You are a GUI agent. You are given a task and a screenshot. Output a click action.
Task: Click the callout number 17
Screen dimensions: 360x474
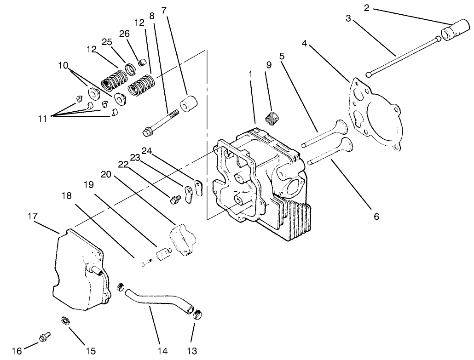click(32, 216)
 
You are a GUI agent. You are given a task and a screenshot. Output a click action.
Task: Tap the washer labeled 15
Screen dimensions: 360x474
click(65, 320)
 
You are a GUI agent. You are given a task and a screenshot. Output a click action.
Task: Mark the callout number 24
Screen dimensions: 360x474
click(146, 150)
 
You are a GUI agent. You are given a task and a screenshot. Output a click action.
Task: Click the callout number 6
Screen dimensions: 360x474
click(376, 216)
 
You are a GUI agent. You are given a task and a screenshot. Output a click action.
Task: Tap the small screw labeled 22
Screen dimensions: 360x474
click(174, 200)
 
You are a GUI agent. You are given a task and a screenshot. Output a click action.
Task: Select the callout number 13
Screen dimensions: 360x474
click(192, 351)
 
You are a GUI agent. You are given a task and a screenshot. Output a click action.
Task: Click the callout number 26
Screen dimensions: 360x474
click(125, 34)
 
